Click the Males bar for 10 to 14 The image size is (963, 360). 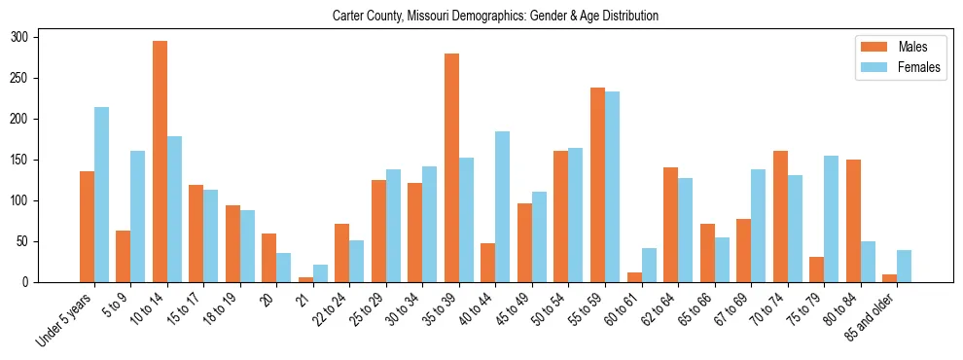[x=160, y=162]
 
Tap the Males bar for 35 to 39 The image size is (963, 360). [x=451, y=168]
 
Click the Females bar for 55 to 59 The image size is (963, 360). [x=612, y=187]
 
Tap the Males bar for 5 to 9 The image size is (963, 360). [x=123, y=256]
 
